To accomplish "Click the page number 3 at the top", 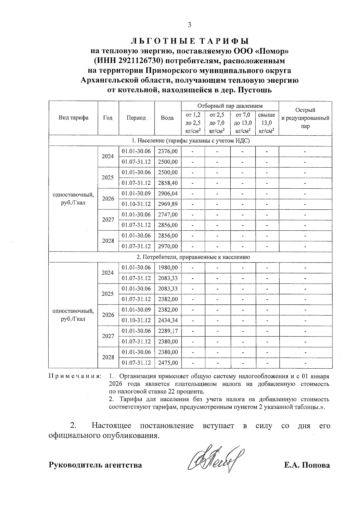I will [189, 25].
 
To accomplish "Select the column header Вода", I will [167, 118].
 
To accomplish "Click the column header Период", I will [136, 118].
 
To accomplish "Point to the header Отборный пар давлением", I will [230, 106].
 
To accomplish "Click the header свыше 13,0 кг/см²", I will [267, 123].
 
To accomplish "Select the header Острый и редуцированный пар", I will [305, 118].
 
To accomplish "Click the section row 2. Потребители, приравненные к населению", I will [190, 257].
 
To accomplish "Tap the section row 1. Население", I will [190, 141].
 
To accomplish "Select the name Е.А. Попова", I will [307, 465].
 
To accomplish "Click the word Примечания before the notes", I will [75, 376].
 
